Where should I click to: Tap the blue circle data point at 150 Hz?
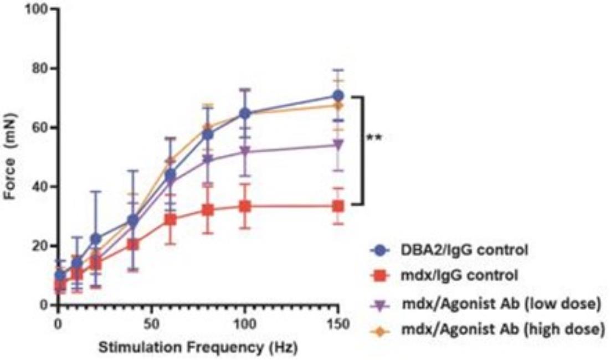337,96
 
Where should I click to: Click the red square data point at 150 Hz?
337,206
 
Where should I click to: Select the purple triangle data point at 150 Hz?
337,145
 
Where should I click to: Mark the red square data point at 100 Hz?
244,207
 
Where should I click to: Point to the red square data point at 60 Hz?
171,219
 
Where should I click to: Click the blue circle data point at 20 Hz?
96,239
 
